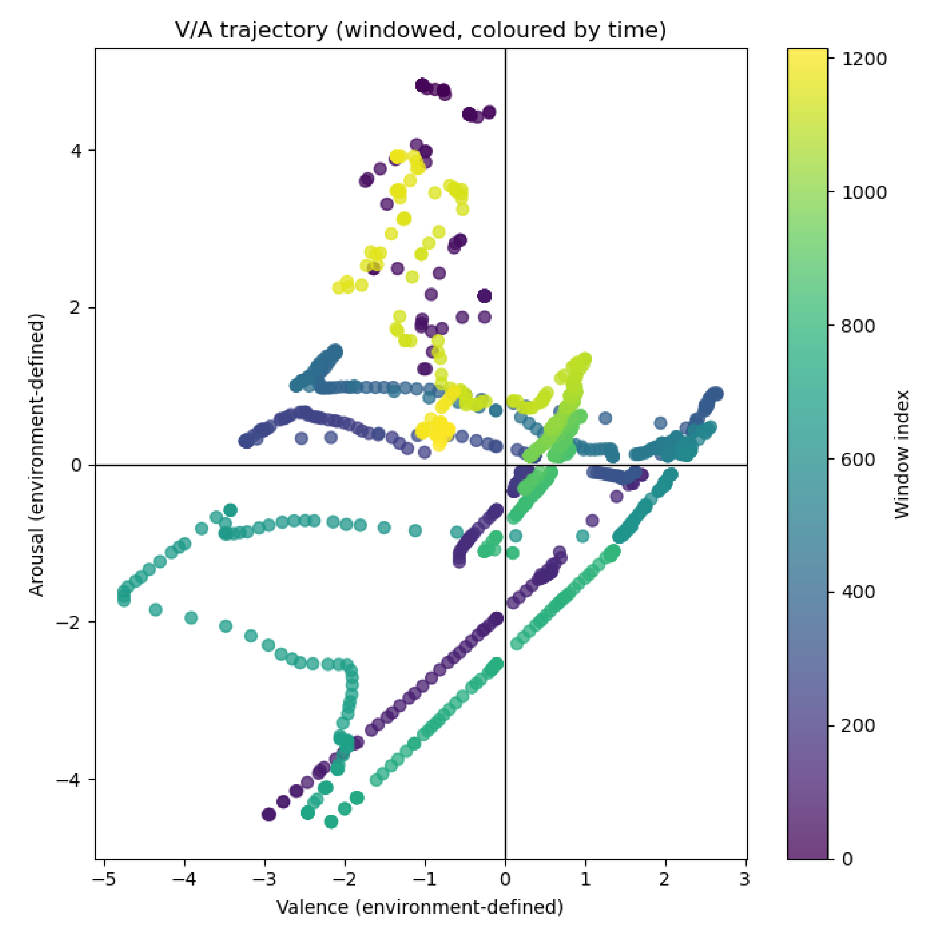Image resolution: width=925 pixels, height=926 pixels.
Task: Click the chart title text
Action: pos(420,30)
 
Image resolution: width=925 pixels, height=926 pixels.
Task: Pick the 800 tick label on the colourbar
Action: pos(858,326)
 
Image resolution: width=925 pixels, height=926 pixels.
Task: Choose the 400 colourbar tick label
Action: pos(858,592)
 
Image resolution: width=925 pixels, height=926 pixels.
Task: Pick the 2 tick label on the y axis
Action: pos(76,308)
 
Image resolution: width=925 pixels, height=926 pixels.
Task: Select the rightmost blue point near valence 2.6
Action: pos(717,394)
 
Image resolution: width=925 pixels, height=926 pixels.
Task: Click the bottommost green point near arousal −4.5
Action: pos(331,822)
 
